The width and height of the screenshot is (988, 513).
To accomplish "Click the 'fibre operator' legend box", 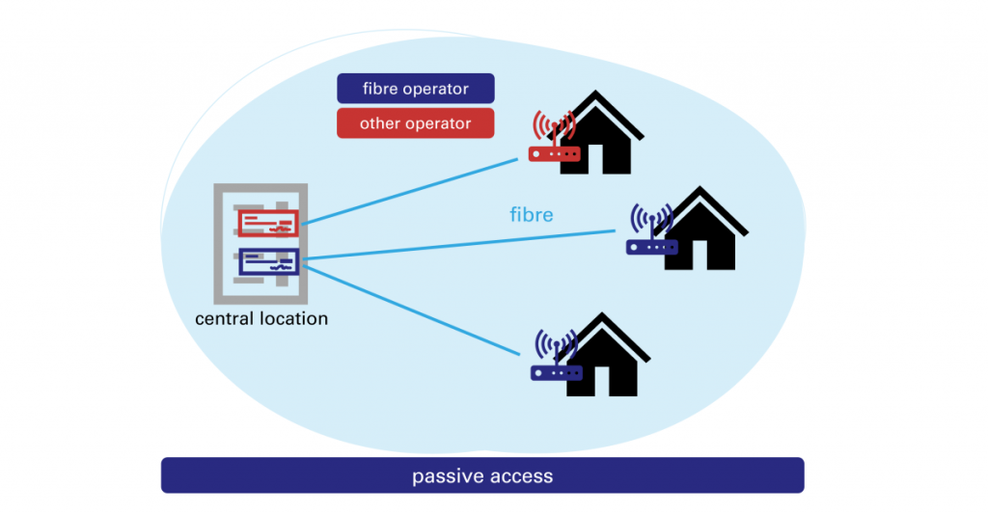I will point(415,89).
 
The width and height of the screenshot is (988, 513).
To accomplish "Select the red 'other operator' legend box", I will point(415,123).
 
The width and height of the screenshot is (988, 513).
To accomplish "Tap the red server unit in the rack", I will point(268,224).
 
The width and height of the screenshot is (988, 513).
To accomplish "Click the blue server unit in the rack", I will point(268,262).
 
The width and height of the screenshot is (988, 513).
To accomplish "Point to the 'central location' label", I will point(261,318).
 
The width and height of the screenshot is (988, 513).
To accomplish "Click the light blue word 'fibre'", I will point(532,214).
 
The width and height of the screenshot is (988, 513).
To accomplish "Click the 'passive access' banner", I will point(482,475).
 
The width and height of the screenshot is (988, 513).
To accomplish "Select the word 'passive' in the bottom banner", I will point(443,475).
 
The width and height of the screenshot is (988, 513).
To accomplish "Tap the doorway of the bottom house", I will point(617,381).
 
